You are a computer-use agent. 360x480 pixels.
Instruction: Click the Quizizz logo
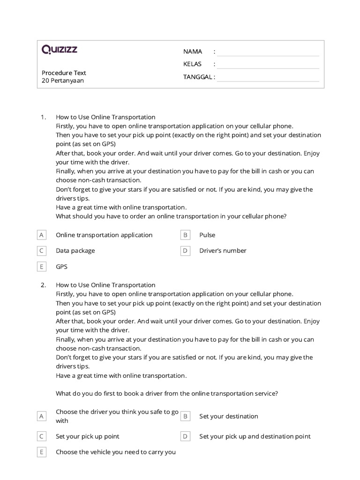(60, 50)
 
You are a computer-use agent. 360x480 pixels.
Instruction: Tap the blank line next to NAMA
(268, 52)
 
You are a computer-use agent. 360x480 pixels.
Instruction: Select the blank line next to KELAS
(268, 65)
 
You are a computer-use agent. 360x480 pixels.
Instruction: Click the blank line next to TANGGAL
(268, 77)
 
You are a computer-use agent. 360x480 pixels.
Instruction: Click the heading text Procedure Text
(64, 73)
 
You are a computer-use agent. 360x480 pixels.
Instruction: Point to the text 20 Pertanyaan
(63, 81)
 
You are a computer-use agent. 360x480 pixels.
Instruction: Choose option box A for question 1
(42, 235)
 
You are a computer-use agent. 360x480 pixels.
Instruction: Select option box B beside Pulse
(185, 235)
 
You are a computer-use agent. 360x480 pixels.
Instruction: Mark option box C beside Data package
(42, 251)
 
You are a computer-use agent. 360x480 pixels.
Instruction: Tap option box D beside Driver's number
(185, 251)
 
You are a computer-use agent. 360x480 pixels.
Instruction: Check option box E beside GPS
(42, 267)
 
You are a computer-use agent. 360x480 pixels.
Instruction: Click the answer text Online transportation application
(104, 235)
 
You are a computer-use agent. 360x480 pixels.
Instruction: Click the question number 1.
(43, 117)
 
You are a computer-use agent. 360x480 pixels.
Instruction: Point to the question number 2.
(43, 285)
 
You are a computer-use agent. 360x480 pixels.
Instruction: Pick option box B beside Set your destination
(185, 416)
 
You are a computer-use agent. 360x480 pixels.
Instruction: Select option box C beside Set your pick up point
(42, 436)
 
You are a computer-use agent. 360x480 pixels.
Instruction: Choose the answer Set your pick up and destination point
(255, 436)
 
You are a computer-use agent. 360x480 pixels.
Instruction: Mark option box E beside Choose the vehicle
(42, 452)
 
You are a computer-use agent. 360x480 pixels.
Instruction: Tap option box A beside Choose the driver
(42, 416)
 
